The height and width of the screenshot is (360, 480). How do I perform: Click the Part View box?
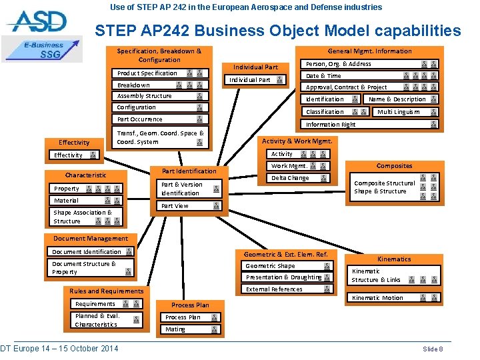tap(190, 206)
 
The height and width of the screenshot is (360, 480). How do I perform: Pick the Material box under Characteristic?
tap(87, 201)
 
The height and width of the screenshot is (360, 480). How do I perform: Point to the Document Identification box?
tap(92, 252)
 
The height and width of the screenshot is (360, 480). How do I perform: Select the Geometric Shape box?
tap(287, 266)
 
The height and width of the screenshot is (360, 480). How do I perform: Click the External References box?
tap(287, 289)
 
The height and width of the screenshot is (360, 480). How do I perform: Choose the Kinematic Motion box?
tap(393, 298)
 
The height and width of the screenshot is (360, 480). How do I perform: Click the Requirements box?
tap(107, 304)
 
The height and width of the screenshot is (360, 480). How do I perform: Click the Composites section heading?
tap(394, 166)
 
